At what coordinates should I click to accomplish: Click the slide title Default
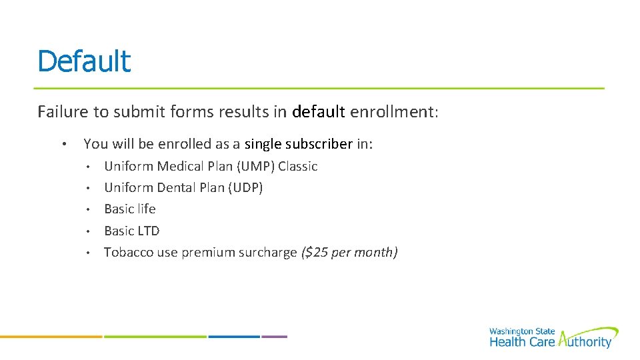(84, 61)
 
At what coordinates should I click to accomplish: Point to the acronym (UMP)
(253, 166)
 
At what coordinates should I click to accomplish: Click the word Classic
(297, 166)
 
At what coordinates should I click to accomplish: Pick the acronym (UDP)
(245, 187)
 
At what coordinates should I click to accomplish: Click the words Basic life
(130, 209)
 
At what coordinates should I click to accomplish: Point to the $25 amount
(317, 252)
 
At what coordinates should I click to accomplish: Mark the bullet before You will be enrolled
(62, 144)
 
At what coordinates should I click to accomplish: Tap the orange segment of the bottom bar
(51, 336)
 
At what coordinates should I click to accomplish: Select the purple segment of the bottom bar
(274, 336)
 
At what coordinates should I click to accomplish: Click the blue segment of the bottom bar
(233, 336)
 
